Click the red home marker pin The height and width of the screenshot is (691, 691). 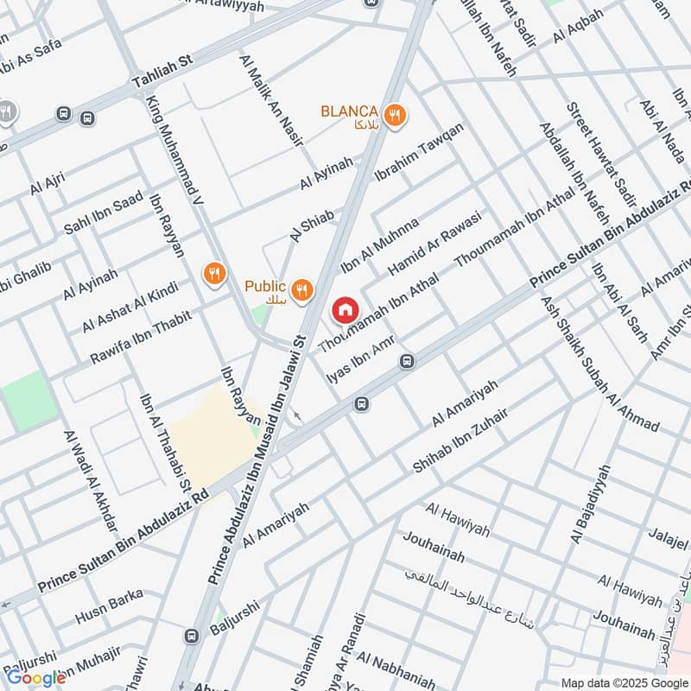coord(345,309)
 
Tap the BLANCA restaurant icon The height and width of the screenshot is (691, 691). coord(395,115)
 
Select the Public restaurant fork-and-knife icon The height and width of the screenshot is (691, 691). coord(301,290)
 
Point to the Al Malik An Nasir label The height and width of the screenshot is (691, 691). coord(269,90)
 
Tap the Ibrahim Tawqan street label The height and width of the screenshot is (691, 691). coord(418,152)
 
